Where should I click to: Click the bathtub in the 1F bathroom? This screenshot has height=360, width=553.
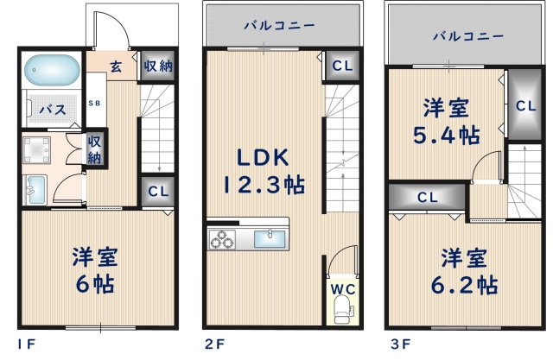click(x=51, y=68)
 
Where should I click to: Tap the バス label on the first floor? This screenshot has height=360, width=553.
click(x=52, y=111)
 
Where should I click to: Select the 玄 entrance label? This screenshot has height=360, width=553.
click(x=115, y=66)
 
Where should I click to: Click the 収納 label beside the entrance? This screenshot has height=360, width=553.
click(x=156, y=66)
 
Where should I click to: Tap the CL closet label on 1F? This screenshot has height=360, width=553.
click(x=157, y=192)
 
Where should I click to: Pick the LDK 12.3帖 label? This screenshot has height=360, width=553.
click(x=264, y=171)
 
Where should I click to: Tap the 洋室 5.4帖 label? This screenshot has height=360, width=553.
click(x=445, y=121)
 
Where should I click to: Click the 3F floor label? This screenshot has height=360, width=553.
click(x=398, y=344)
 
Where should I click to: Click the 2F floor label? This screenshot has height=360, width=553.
click(x=213, y=344)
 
